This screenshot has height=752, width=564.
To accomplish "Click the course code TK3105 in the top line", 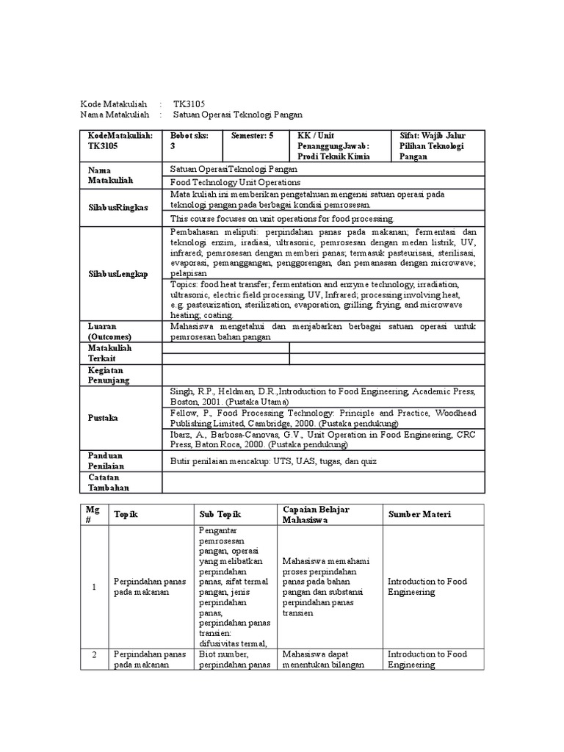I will (x=189, y=104).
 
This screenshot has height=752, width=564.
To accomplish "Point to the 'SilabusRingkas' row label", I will (x=117, y=207).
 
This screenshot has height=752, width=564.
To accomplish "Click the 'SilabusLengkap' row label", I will (x=117, y=273).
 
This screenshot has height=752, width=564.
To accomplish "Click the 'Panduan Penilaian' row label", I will (x=109, y=460).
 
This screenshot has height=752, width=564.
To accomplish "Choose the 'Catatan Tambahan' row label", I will (x=109, y=482).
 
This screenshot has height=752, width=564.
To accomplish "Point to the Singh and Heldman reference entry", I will (x=323, y=397).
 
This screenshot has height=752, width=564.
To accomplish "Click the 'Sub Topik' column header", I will (x=220, y=515).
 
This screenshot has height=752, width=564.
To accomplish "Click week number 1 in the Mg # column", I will (x=93, y=587).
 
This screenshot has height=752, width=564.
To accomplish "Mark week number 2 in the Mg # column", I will (x=93, y=654).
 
